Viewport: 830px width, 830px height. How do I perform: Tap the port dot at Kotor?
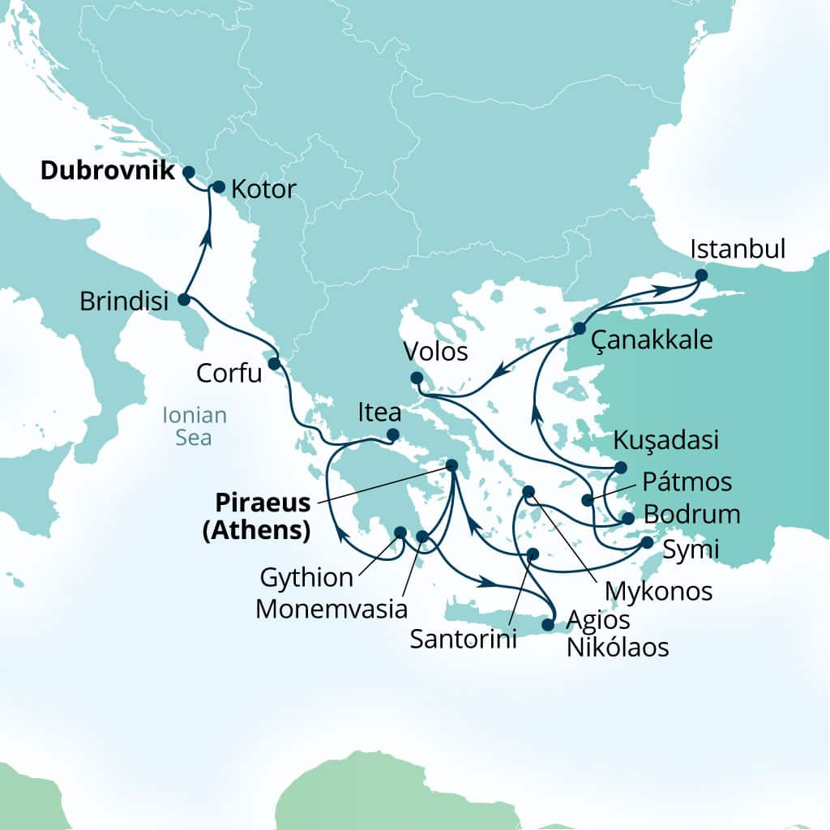point(218,186)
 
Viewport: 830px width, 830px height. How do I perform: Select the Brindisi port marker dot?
point(183,300)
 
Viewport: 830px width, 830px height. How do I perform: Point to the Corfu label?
point(229,374)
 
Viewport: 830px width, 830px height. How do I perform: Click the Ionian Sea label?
point(195,426)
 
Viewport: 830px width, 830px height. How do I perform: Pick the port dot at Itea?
point(392,434)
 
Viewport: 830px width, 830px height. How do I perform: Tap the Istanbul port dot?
point(701,276)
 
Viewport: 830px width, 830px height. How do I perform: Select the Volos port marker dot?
point(416,377)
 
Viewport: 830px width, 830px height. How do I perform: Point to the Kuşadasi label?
point(666,441)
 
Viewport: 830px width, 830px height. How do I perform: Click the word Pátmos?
point(687,482)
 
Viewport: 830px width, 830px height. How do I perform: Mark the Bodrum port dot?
point(627,518)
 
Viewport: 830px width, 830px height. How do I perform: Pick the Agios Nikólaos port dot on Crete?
point(547,625)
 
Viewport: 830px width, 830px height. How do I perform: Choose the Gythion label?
point(306,578)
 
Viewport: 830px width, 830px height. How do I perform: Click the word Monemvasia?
point(332,608)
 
